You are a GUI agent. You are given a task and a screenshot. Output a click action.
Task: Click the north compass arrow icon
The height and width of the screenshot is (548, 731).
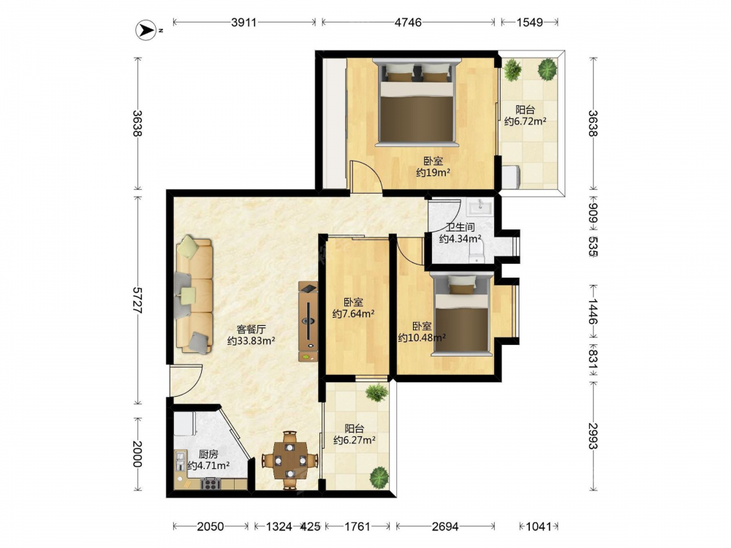145,30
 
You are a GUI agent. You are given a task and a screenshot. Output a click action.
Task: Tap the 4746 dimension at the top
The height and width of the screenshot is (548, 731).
408,22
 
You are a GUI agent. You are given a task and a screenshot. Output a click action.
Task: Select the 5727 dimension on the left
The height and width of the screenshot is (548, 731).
137,300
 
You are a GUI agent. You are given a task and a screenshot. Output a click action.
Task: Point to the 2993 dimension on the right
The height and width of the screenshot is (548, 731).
593,435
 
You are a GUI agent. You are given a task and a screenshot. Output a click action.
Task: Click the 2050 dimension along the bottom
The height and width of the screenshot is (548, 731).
211,527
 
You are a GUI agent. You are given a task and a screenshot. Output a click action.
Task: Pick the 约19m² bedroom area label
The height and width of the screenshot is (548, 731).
433,173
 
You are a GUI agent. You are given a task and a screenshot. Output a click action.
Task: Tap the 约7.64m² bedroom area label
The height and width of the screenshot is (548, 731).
354,313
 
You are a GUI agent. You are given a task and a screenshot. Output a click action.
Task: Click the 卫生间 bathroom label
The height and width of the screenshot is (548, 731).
460,227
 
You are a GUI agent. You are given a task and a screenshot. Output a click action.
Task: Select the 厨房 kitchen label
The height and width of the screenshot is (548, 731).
208,454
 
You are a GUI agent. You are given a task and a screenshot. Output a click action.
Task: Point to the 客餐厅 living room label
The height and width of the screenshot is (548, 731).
251,329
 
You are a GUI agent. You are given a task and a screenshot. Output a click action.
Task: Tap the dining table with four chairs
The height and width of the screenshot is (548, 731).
290,460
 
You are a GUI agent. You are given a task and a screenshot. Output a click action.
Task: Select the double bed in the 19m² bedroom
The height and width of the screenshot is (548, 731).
417,102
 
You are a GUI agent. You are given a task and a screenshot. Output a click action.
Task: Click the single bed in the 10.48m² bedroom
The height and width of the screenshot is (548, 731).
461,314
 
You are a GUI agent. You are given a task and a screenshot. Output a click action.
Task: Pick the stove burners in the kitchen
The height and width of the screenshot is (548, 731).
211,484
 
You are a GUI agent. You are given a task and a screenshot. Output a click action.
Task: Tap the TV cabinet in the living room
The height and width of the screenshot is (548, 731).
308,321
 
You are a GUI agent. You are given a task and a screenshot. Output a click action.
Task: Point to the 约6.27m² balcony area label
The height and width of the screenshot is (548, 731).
355,440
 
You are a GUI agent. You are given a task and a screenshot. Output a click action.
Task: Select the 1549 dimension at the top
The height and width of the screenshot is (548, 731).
529,22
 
